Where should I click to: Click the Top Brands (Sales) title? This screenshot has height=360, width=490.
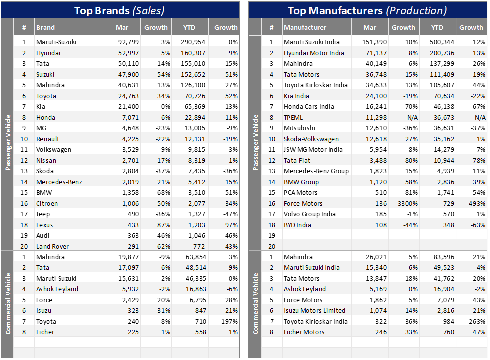[119, 10]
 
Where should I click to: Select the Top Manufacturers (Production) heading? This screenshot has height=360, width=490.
[367, 10]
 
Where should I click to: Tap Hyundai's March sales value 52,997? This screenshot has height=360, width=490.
[128, 53]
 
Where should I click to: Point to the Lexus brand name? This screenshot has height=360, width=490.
[45, 225]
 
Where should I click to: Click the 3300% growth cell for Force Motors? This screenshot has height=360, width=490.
[405, 203]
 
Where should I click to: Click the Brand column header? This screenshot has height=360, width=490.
[46, 27]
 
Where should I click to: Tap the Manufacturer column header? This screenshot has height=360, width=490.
[305, 27]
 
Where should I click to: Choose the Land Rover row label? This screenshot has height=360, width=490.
[52, 246]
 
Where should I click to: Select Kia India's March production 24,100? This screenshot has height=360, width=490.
[377, 96]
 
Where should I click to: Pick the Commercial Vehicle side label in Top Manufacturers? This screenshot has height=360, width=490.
[256, 303]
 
